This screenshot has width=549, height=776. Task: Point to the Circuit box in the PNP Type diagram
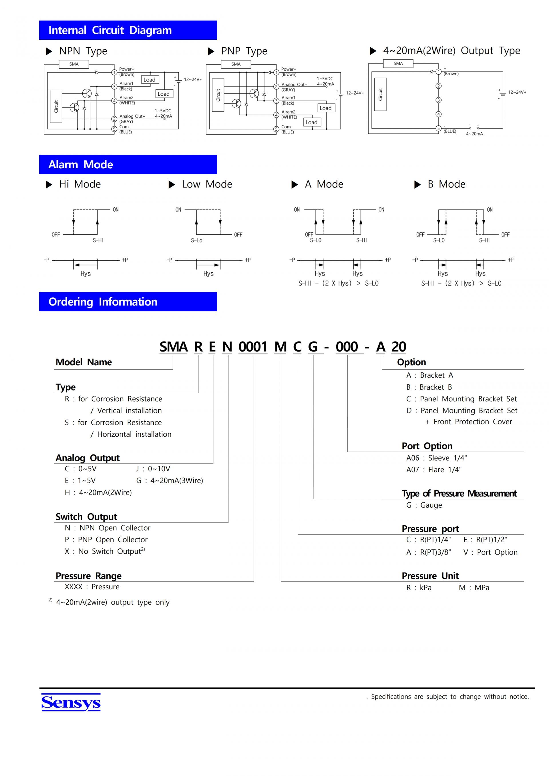pyautogui.click(x=218, y=95)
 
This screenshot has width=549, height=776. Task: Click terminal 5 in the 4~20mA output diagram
pyautogui.click(x=438, y=128)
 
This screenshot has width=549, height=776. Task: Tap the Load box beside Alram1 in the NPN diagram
pyautogui.click(x=150, y=80)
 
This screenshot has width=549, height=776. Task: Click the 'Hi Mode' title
pyautogui.click(x=80, y=184)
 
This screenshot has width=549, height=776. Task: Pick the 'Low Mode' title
pyautogui.click(x=207, y=184)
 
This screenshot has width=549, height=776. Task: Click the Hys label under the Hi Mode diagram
pyautogui.click(x=85, y=274)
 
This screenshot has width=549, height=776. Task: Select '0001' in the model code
pyautogui.click(x=252, y=347)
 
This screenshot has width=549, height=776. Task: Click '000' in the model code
pyautogui.click(x=347, y=347)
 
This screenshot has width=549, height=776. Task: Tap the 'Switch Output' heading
pyautogui.click(x=86, y=517)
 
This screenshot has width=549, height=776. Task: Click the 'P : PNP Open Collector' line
pyautogui.click(x=106, y=539)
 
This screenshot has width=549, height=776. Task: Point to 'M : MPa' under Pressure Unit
pyautogui.click(x=474, y=587)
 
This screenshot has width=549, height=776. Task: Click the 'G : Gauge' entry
pyautogui.click(x=424, y=505)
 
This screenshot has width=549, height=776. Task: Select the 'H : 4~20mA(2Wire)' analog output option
pyautogui.click(x=98, y=492)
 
